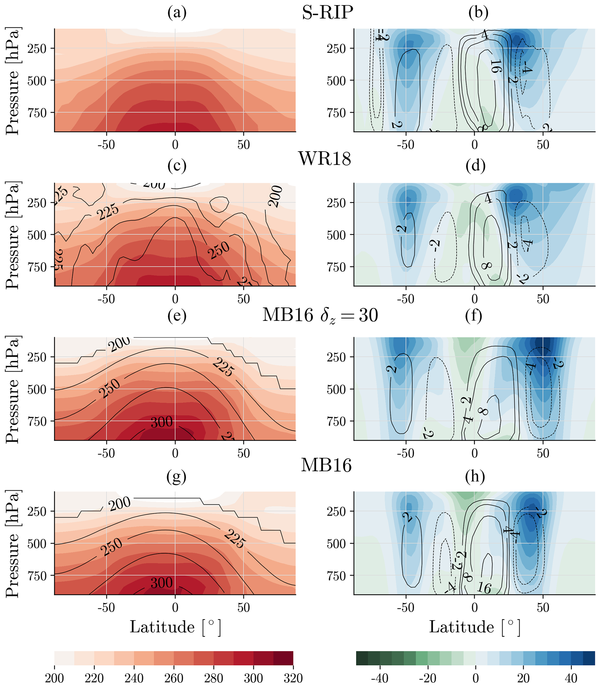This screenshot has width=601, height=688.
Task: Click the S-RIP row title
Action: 327,13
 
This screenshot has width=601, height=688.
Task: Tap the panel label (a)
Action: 177,13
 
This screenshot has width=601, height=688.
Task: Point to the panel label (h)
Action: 475,476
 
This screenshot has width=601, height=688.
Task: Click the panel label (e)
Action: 177,316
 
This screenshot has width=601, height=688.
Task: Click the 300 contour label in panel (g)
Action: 162,583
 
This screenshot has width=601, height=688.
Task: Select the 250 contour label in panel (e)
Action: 109,388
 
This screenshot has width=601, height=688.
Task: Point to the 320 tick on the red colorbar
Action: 293,678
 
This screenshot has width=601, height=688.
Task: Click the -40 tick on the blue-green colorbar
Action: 380,678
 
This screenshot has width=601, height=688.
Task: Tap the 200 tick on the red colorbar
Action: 54,678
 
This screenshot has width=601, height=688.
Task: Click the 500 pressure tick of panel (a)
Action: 37,81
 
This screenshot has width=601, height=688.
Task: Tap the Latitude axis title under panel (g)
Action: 175,627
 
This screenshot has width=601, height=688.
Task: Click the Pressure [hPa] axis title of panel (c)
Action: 13,235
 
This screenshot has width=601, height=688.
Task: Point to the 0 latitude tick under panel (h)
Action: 474,607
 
